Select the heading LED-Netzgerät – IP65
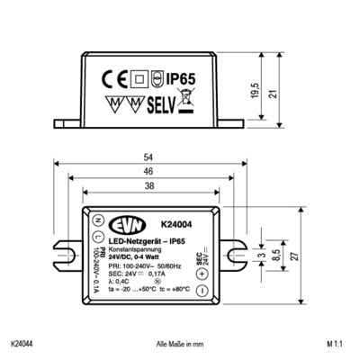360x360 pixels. [147, 241]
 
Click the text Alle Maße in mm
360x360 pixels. [180, 344]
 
